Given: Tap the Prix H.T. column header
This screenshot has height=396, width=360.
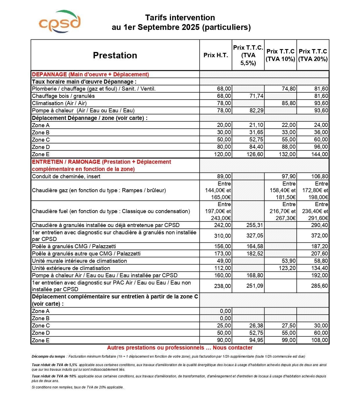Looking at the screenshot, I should (x=216, y=55).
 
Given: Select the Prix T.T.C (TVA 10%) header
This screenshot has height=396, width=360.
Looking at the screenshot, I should (x=280, y=55).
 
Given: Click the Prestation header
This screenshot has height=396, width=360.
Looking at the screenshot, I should (x=115, y=55).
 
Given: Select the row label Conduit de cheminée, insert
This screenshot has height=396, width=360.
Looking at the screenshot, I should (x=66, y=177).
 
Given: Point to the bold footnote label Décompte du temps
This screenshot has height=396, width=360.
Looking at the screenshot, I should (x=48, y=357).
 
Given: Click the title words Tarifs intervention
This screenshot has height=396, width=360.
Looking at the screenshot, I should (x=180, y=18).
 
